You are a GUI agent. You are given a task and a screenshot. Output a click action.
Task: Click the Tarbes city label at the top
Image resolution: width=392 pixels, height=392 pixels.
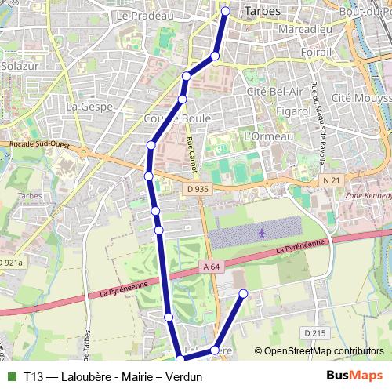[263, 12]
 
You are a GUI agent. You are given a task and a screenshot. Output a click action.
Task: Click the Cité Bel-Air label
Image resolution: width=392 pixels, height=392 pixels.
[274, 93]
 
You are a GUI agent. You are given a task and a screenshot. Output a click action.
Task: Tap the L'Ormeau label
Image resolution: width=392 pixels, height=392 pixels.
[268, 136]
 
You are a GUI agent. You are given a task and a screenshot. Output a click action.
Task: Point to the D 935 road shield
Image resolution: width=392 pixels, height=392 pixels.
[198, 189]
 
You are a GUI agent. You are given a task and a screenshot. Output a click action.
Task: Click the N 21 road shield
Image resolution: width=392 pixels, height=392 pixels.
[331, 180]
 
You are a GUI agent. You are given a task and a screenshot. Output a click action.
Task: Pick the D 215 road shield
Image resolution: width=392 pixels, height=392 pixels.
[314, 333]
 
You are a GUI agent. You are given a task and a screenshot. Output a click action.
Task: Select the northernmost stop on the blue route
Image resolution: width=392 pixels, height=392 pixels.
[226, 12]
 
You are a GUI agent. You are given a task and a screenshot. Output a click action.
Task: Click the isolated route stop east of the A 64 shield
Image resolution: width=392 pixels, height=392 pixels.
[243, 293]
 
